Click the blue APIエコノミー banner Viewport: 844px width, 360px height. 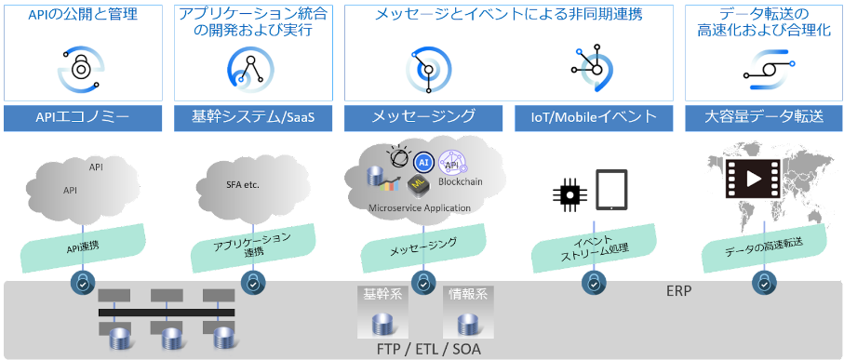(x=85, y=117)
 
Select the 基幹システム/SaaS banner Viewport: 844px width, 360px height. (x=253, y=117)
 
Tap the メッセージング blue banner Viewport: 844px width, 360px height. (x=423, y=117)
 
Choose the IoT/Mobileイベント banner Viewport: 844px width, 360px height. (x=594, y=117)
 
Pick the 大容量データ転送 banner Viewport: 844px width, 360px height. (x=763, y=117)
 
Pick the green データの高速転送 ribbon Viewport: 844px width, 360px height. (x=762, y=246)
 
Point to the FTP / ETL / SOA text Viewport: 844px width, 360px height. (x=422, y=348)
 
